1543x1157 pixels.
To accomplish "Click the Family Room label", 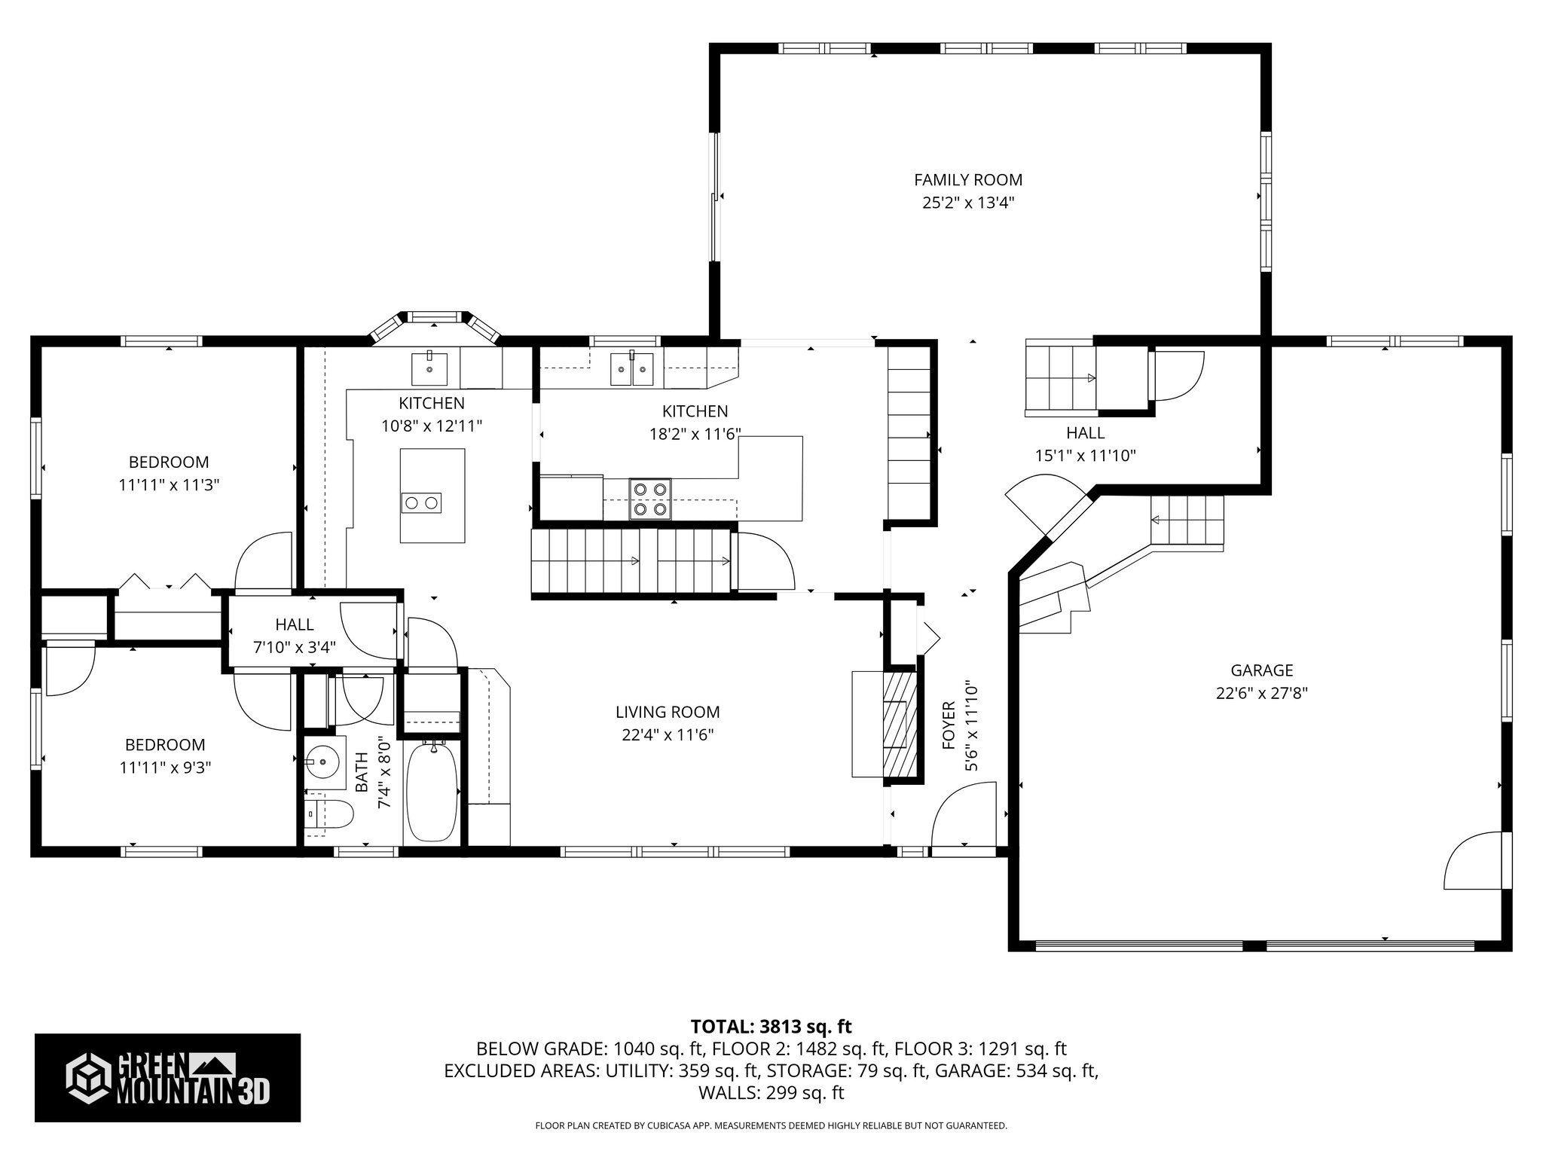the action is point(968,180).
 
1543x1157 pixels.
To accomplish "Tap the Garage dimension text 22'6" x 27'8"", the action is point(1261,693).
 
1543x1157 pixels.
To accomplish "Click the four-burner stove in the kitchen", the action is point(650,499).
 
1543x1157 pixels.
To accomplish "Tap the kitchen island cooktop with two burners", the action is point(421,502).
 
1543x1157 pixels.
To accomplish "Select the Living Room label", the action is point(668,712).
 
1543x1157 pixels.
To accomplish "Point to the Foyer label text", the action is point(949,725).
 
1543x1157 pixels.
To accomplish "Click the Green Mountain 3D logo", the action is point(167,1078).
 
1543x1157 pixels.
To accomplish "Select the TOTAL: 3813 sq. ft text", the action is point(771,1027).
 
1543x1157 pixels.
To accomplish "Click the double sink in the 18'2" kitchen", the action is point(632,368).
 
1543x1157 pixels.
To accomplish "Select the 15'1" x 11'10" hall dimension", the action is point(1086,456).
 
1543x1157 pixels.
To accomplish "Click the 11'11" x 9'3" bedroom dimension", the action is point(165,768).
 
